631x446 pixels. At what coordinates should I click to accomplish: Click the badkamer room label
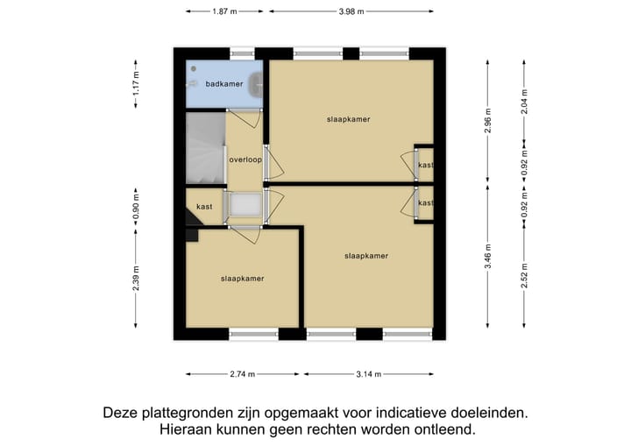(x=224, y=84)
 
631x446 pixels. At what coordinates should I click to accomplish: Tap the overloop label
(x=245, y=160)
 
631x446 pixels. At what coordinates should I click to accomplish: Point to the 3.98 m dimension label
(x=351, y=11)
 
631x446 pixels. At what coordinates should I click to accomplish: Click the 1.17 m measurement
(x=136, y=83)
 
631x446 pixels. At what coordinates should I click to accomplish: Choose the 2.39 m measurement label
(x=136, y=287)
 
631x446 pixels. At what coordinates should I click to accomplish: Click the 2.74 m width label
(x=241, y=374)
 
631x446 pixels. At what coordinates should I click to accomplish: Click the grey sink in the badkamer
(x=255, y=84)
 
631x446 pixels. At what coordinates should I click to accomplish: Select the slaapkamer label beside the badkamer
(x=348, y=119)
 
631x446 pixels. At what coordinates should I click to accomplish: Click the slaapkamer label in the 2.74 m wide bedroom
(x=243, y=279)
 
